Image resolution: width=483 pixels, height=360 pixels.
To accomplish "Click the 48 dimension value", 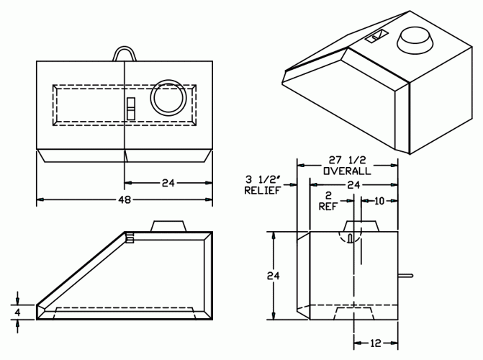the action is (125, 199).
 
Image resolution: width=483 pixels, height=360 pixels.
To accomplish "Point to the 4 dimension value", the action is (17, 312).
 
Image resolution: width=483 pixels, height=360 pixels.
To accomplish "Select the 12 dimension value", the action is (376, 343).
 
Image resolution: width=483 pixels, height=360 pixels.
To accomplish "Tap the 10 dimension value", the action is (379, 201).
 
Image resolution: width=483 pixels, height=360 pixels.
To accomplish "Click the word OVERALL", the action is (347, 171).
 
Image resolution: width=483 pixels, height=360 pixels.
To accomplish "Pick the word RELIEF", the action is (263, 191).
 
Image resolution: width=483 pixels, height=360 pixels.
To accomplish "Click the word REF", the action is (328, 206).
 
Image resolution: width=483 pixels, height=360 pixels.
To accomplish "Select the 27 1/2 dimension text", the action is (347, 160).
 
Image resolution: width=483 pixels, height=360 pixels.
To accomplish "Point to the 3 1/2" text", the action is (262, 179).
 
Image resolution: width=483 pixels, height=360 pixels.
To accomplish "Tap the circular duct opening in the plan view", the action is (168, 98).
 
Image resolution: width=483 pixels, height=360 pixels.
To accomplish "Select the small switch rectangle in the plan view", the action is (131, 109).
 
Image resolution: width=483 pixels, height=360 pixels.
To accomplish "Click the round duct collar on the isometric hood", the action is (415, 40).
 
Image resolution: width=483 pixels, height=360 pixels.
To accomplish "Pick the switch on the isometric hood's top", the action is (376, 37).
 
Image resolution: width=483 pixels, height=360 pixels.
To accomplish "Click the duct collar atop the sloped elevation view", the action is (168, 226).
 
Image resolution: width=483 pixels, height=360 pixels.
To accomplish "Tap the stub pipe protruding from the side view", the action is (405, 276).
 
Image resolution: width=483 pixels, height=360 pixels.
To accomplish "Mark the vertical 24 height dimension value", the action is (274, 276).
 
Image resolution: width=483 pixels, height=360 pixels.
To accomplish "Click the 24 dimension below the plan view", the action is (168, 183).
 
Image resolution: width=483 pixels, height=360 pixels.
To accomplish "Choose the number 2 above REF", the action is (328, 195).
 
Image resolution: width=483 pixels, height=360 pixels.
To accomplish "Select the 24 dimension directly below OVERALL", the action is (353, 185).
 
